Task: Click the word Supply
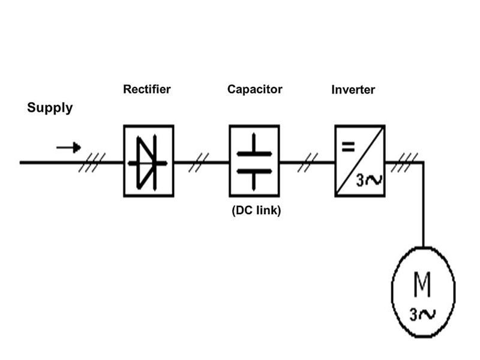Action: click(50, 108)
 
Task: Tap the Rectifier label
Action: click(147, 89)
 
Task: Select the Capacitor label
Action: click(254, 89)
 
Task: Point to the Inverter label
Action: click(353, 90)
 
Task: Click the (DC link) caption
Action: click(256, 211)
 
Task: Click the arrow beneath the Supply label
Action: click(68, 148)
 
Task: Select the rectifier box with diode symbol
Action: click(149, 161)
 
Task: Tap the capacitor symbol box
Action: click(254, 161)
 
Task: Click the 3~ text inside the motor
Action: click(422, 314)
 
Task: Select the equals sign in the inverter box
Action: click(347, 145)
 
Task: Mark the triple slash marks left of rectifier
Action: click(92, 162)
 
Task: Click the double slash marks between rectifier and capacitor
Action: click(199, 162)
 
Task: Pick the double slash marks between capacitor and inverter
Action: click(308, 162)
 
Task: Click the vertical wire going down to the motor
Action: click(423, 204)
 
